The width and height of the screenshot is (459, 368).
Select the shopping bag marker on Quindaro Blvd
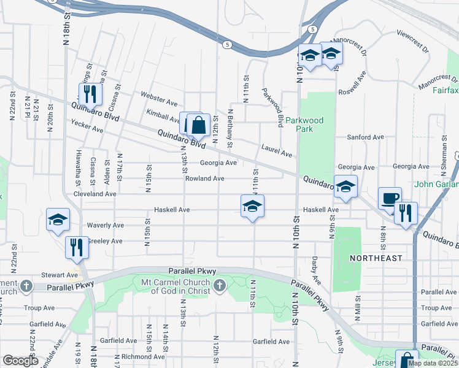point(199,127)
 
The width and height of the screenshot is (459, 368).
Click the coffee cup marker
point(389,199)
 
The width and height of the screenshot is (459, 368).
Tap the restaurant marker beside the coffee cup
point(406,214)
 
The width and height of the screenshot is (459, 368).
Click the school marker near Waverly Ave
point(58,221)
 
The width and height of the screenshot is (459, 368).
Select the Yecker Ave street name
point(87,129)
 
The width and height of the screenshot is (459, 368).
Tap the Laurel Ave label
point(276,148)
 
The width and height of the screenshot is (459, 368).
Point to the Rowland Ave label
point(205,178)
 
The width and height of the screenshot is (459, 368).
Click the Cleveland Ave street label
point(94,194)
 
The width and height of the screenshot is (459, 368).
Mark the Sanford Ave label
point(361,137)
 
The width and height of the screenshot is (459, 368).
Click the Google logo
point(20,361)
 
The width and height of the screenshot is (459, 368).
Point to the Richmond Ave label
point(136,356)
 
